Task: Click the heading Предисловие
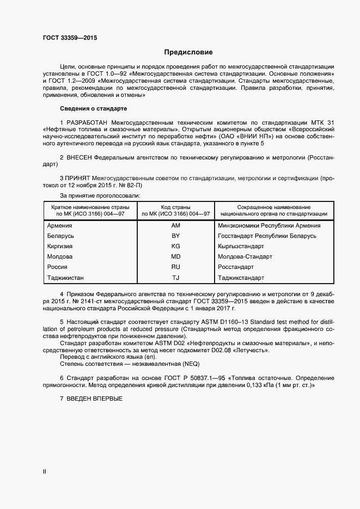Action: (188, 52)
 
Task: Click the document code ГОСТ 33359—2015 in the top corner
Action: (70, 38)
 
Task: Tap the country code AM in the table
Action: (175, 225)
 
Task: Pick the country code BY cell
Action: (175, 236)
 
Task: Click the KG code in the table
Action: (175, 247)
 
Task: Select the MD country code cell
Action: (175, 257)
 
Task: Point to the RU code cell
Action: (175, 267)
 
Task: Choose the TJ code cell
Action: (175, 278)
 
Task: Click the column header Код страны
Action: (175, 207)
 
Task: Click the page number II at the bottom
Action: (45, 472)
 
